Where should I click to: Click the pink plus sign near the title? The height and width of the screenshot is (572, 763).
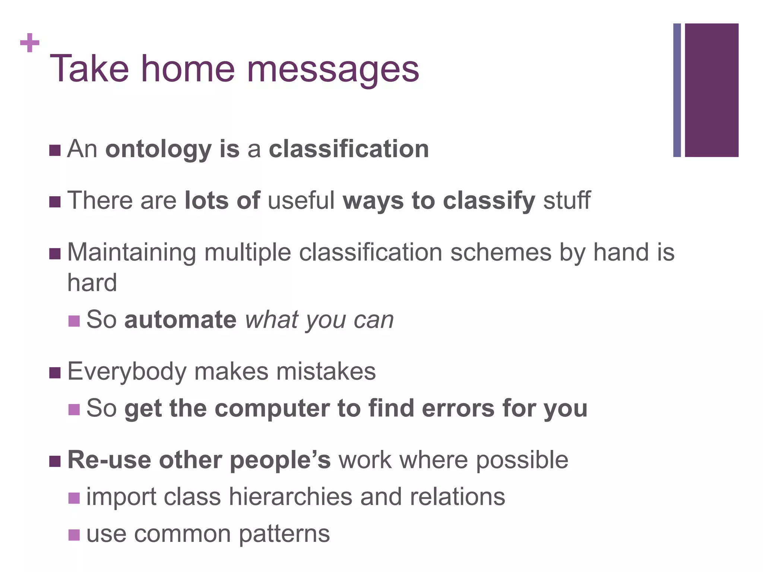click(30, 43)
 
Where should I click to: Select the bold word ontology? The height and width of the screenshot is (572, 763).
click(158, 150)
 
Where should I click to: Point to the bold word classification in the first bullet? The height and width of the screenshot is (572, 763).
click(349, 149)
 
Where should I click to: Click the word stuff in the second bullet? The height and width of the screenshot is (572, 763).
click(567, 200)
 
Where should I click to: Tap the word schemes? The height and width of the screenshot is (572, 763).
click(500, 252)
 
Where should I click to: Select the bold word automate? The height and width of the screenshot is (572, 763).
click(180, 320)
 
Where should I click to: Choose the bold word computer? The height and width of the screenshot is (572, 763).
click(272, 409)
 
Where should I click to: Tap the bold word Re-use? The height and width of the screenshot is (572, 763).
click(109, 460)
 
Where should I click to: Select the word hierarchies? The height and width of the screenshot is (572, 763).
click(290, 497)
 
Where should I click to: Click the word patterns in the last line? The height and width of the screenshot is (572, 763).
click(284, 534)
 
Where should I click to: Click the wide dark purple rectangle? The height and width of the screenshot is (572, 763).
click(711, 90)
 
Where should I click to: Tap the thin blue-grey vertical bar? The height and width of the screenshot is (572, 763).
click(677, 90)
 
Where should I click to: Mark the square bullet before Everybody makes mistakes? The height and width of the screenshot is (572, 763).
click(55, 373)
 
